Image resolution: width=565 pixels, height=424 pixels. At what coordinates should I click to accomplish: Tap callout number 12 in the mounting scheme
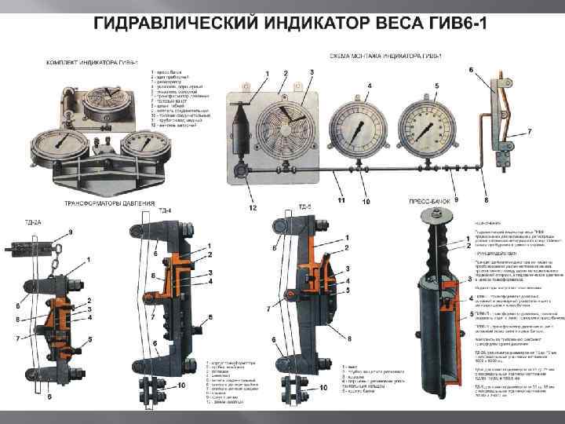(x=253, y=208)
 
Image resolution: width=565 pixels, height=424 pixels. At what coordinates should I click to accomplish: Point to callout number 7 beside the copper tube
(x=530, y=131)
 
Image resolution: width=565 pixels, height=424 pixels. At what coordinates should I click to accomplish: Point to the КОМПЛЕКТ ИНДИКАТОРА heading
(x=93, y=62)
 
